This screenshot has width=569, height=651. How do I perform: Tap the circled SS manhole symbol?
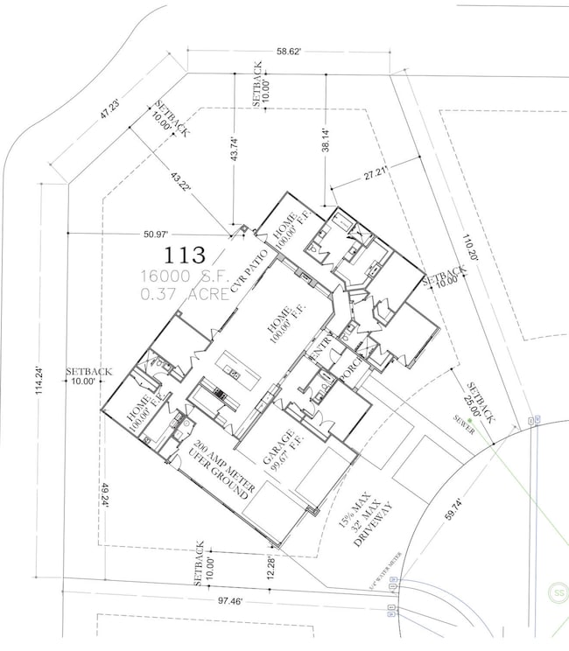(556, 592)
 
